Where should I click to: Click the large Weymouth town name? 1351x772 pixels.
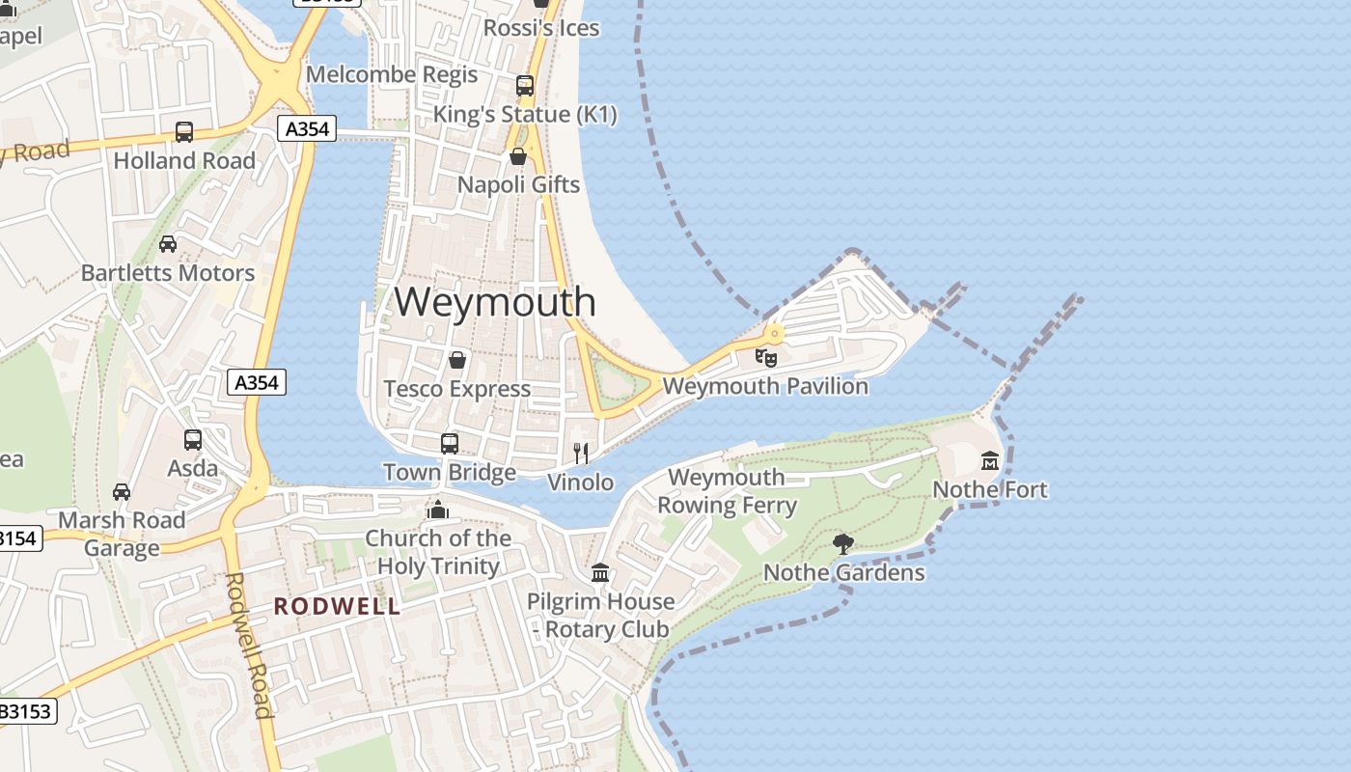pyautogui.click(x=495, y=301)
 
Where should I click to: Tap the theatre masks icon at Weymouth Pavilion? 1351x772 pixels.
pyautogui.click(x=766, y=358)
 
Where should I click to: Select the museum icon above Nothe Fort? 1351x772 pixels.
pyautogui.click(x=989, y=460)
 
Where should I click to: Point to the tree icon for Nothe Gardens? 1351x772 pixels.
pyautogui.click(x=843, y=543)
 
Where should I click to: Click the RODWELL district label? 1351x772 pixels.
pyautogui.click(x=337, y=606)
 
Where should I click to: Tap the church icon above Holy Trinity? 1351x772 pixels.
pyautogui.click(x=438, y=509)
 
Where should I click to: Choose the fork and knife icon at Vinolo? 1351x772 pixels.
pyautogui.click(x=581, y=453)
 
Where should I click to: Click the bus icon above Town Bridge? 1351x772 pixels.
pyautogui.click(x=450, y=444)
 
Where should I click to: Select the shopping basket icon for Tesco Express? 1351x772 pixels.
pyautogui.click(x=457, y=360)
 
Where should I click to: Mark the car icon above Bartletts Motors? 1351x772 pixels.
pyautogui.click(x=168, y=244)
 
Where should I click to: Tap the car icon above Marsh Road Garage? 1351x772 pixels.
pyautogui.click(x=122, y=492)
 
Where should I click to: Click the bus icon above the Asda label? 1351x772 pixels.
pyautogui.click(x=193, y=440)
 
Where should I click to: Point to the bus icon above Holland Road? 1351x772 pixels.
pyautogui.click(x=184, y=132)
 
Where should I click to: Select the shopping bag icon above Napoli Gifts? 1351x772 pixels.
pyautogui.click(x=518, y=156)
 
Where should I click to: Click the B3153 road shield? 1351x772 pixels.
pyautogui.click(x=26, y=712)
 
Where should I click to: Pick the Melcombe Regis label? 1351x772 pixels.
pyautogui.click(x=392, y=74)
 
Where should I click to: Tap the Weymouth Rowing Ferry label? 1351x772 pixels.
pyautogui.click(x=727, y=491)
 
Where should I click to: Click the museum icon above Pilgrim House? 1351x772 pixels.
pyautogui.click(x=600, y=573)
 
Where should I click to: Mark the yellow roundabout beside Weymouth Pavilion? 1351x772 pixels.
pyautogui.click(x=774, y=334)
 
